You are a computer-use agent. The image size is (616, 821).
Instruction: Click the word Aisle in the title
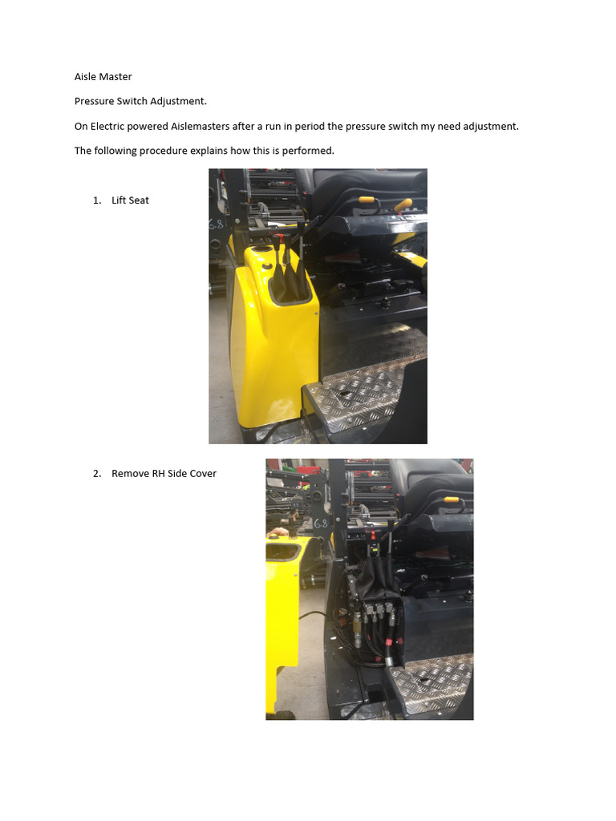pyautogui.click(x=86, y=77)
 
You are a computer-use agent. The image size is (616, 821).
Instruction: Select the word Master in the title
pyautogui.click(x=116, y=77)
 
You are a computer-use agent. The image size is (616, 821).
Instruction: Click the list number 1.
pyautogui.click(x=97, y=200)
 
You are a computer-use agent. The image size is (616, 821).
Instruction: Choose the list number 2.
pyautogui.click(x=97, y=474)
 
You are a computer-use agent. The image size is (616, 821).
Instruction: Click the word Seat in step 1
pyautogui.click(x=139, y=200)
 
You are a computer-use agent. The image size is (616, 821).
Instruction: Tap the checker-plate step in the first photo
pyautogui.click(x=361, y=401)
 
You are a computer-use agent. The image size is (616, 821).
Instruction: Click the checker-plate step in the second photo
pyautogui.click(x=433, y=681)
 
